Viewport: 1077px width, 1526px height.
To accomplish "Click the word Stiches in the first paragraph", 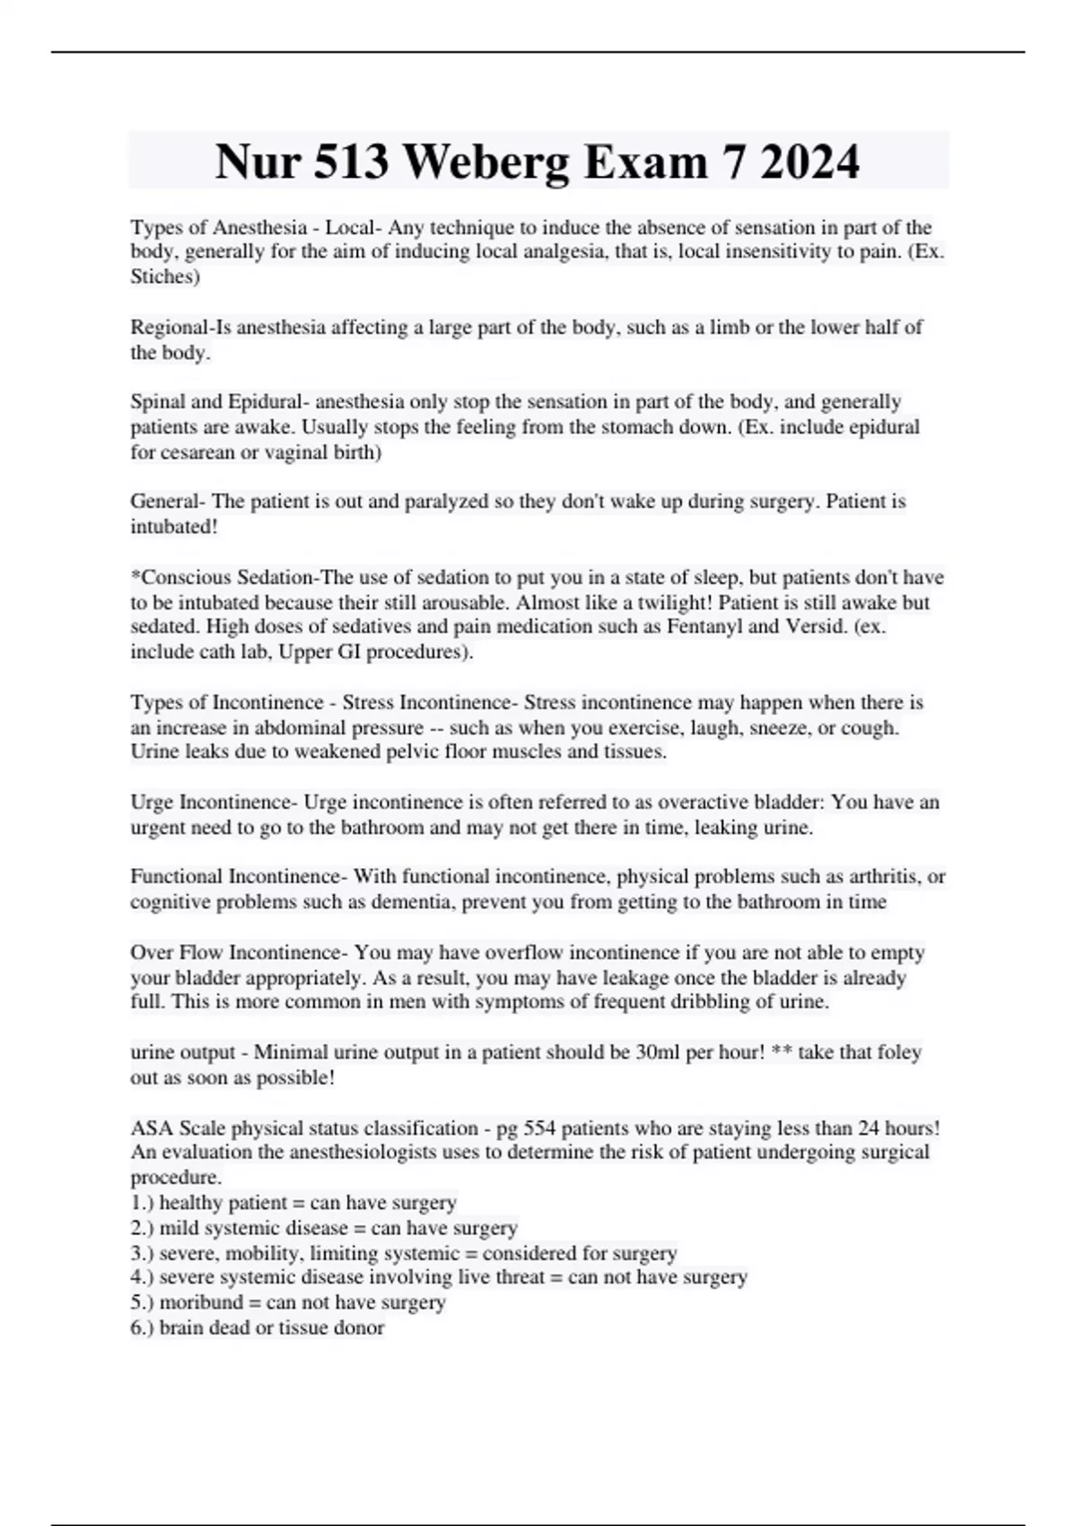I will [x=165, y=276].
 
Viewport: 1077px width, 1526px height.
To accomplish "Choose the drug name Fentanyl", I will [x=704, y=627].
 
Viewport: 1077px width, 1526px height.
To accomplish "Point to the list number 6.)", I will [x=142, y=1328].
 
